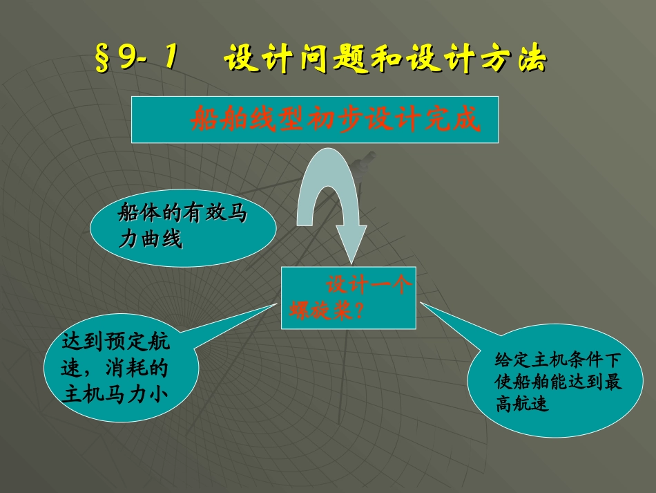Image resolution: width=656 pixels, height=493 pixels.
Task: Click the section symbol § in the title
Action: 103,60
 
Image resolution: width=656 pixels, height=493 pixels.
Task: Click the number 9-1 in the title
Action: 146,60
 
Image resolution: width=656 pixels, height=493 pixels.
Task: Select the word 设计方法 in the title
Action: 483,60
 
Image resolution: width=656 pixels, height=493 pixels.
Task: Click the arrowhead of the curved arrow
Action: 351,245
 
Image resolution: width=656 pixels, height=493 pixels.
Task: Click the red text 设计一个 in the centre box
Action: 369,285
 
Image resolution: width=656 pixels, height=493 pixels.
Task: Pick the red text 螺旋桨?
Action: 325,310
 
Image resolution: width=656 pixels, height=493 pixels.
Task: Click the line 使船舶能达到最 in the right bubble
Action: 559,382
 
